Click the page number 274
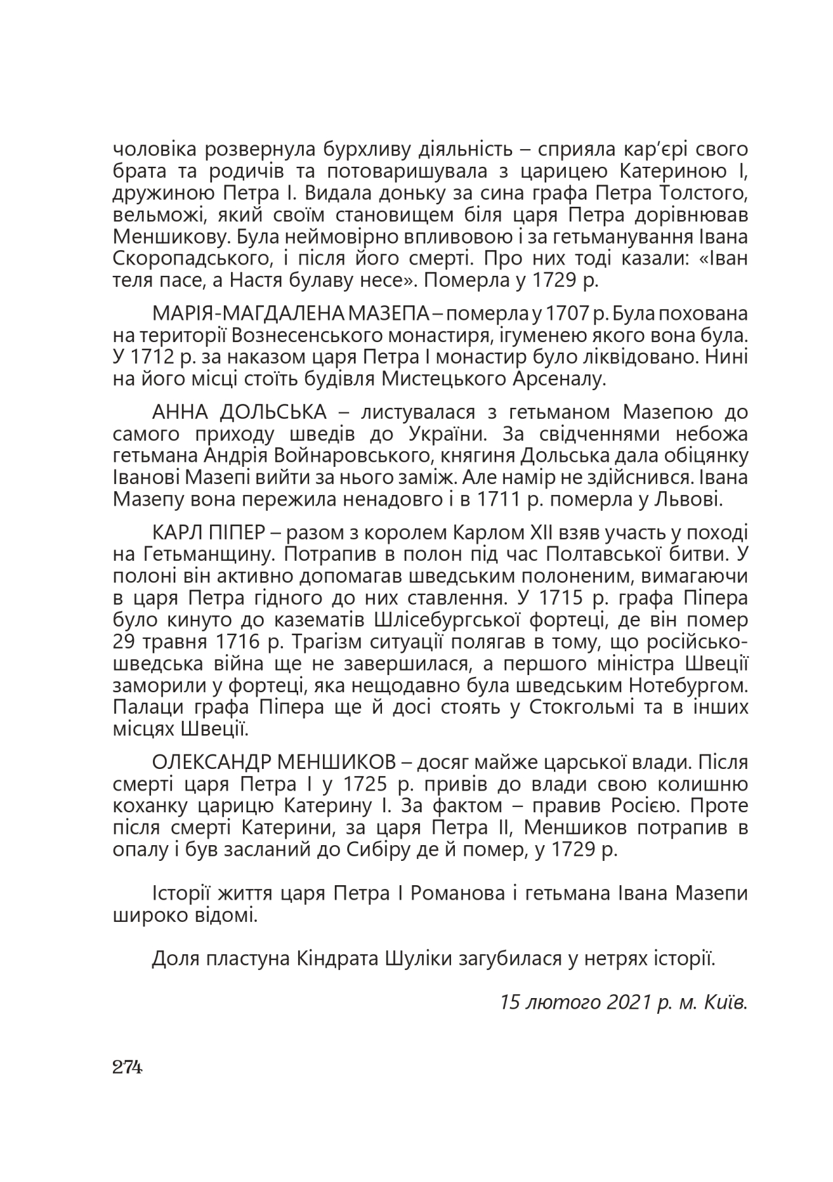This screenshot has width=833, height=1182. coord(127,1066)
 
